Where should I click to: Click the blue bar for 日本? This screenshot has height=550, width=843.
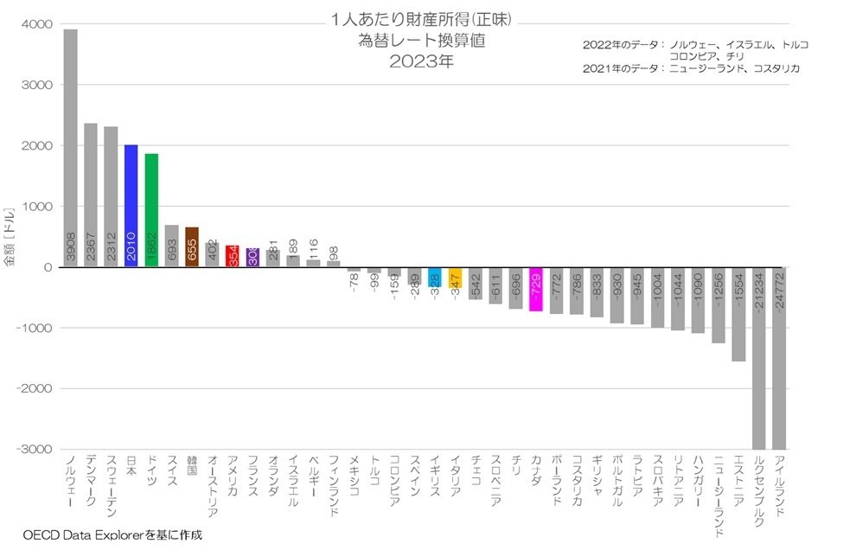131,206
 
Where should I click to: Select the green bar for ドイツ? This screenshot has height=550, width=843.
151,210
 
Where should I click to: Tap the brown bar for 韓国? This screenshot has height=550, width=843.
192,246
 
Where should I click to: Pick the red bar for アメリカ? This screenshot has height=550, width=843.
232,256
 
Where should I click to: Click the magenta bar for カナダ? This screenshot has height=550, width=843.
535,289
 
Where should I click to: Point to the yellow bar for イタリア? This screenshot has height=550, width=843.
455,278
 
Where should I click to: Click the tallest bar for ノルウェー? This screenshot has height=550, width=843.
71,147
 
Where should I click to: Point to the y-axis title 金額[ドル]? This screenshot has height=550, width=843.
10,236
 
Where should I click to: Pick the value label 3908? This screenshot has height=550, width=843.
71,249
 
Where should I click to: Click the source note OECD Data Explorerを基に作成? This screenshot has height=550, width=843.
112,535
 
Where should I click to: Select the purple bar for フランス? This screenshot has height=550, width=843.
252,258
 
